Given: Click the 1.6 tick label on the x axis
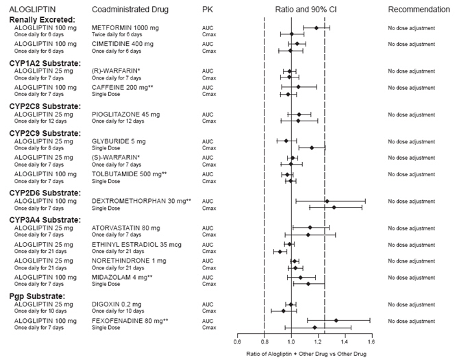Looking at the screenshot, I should point(371,340).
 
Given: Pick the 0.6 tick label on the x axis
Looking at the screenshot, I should point(238,340).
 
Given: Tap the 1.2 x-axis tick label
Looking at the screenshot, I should point(318,340).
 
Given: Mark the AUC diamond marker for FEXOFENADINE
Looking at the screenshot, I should point(336,320).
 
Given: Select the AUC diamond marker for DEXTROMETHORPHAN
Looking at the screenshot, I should point(327,201).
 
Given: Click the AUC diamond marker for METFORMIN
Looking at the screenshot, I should point(316,27).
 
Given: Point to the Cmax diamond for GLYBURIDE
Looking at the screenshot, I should point(312,147).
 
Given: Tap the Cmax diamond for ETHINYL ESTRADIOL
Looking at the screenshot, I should point(280,252).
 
